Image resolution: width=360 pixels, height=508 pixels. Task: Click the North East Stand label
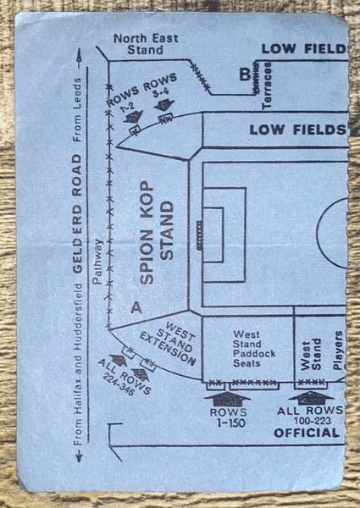pyautogui.click(x=146, y=44)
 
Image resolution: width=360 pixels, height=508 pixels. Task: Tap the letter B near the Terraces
pyautogui.click(x=245, y=75)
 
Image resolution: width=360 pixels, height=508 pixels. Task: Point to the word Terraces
pyautogui.click(x=267, y=86)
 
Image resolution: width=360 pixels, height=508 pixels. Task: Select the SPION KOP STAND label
pyautogui.click(x=158, y=232)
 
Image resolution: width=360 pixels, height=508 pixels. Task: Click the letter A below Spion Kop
pyautogui.click(x=136, y=308)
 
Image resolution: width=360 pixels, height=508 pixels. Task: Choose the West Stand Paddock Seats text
pyautogui.click(x=254, y=349)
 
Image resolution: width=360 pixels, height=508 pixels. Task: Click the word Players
pyautogui.click(x=338, y=351)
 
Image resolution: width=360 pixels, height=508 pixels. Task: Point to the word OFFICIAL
pyautogui.click(x=306, y=433)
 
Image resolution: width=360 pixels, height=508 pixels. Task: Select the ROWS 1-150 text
pyautogui.click(x=229, y=417)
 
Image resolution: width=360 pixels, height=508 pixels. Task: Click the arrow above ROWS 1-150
pyautogui.click(x=227, y=399)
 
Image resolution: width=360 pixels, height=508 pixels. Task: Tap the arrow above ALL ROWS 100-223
pyautogui.click(x=311, y=398)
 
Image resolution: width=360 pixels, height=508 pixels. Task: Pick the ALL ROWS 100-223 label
pyautogui.click(x=310, y=416)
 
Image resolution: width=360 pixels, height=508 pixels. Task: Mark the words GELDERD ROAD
pyautogui.click(x=77, y=214)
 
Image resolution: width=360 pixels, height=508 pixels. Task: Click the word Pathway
pyautogui.click(x=97, y=262)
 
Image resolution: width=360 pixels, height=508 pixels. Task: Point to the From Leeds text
pyautogui.click(x=77, y=109)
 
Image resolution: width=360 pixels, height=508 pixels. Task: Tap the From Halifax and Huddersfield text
pyautogui.click(x=77, y=364)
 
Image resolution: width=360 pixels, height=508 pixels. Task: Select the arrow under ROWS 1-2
pyautogui.click(x=133, y=116)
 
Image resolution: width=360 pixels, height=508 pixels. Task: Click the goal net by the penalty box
pyautogui.click(x=200, y=235)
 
